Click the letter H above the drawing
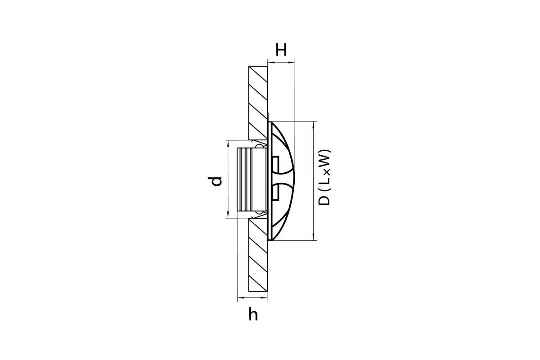click(x=281, y=49)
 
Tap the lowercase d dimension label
click(x=215, y=181)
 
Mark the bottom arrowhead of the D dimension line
click(x=313, y=237)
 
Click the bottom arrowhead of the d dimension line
click(x=228, y=215)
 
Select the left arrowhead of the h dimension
click(x=241, y=298)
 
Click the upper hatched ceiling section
click(x=258, y=103)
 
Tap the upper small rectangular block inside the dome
click(x=275, y=164)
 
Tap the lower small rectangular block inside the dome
click(x=275, y=191)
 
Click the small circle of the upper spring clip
click(x=259, y=146)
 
